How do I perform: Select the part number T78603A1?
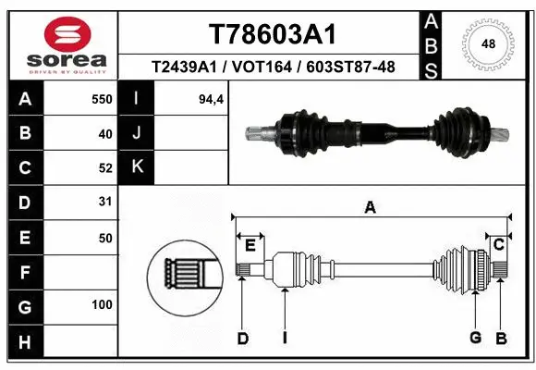tap(271, 34)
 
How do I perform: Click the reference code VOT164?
tap(272, 67)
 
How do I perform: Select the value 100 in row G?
tap(102, 304)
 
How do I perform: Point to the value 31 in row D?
tap(104, 202)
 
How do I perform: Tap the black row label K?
tap(137, 167)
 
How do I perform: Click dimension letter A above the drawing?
tap(370, 208)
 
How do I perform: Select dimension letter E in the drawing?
tap(250, 244)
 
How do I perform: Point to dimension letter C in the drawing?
tap(498, 244)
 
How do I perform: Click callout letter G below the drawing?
tap(475, 339)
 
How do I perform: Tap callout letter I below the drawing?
tap(286, 339)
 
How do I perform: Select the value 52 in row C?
tap(104, 167)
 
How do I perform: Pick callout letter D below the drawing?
tap(242, 339)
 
